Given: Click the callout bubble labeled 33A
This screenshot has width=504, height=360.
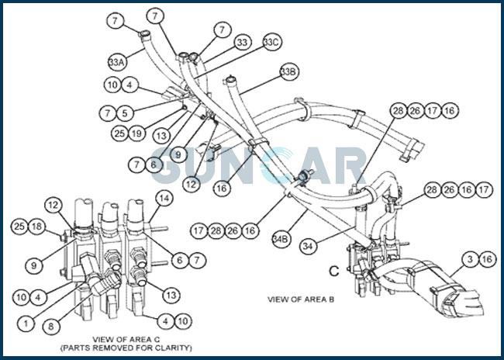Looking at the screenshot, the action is click(116, 62).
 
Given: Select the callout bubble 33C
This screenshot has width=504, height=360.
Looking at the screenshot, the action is click(272, 42).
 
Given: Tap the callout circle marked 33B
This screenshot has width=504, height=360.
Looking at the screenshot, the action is click(289, 72).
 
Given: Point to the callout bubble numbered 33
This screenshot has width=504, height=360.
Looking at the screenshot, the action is click(243, 43).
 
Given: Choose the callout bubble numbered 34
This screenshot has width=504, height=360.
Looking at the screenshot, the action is click(308, 247).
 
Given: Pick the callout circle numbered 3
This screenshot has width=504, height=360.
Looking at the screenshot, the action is click(470, 259).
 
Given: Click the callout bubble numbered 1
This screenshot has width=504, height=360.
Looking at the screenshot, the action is click(26, 324).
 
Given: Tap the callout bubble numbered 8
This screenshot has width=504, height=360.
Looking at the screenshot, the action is click(51, 326).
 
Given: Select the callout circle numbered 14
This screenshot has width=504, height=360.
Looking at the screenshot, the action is click(164, 199).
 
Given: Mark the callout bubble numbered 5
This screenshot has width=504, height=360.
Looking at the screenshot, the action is click(125, 113).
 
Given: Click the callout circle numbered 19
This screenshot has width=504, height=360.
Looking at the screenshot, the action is click(137, 133).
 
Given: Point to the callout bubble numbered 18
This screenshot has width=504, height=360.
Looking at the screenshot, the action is click(37, 227).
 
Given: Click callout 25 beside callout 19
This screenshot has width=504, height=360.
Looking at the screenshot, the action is click(119, 133).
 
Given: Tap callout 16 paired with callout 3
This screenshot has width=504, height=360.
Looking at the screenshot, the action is click(487, 259).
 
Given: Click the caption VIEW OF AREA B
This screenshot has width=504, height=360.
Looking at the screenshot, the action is click(301, 299).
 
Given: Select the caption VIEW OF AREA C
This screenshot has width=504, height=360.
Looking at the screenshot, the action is click(126, 339).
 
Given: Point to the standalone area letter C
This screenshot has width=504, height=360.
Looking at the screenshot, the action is click(334, 272).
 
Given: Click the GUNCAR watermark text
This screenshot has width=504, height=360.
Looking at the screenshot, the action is click(259, 166).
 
